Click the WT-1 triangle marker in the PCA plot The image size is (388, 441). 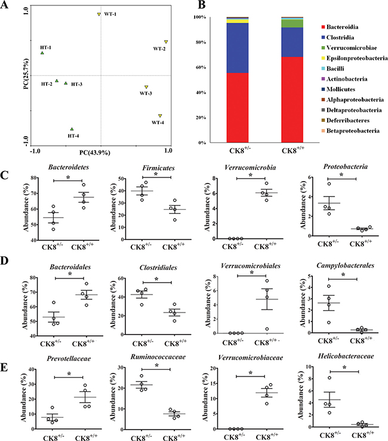click(99, 14)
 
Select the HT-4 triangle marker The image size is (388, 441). click(72, 128)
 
